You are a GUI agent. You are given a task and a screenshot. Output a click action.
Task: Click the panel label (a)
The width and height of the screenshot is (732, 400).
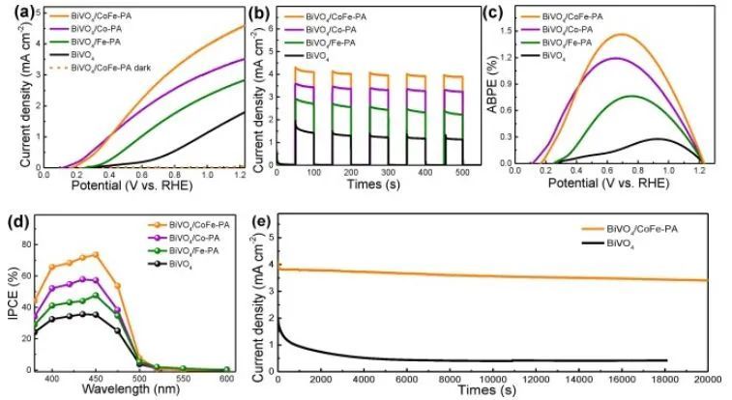(x=16, y=13)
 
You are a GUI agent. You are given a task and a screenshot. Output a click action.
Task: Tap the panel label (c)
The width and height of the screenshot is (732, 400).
(x=502, y=13)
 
